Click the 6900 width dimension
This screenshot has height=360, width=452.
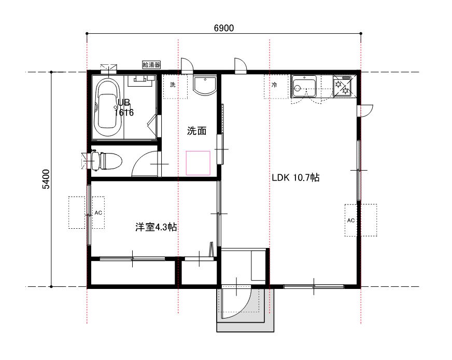point(224,28)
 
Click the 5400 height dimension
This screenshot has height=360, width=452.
point(46,179)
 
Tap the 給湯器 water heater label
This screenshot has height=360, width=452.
point(151,65)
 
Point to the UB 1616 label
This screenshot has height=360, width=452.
point(124,107)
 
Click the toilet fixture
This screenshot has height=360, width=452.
point(107,161)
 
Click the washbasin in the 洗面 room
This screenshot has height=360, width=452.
point(205,86)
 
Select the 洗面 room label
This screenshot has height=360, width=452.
point(197,131)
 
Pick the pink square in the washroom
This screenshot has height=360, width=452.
point(198,163)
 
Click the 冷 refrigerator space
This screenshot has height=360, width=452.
point(276,86)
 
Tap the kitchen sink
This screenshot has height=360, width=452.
point(304,86)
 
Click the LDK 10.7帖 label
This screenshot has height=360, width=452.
point(296,177)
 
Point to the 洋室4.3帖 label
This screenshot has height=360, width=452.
point(156,227)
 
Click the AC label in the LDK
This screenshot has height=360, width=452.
point(351,220)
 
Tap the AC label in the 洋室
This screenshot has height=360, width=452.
point(98,213)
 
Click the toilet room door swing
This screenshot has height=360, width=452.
point(138,160)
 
